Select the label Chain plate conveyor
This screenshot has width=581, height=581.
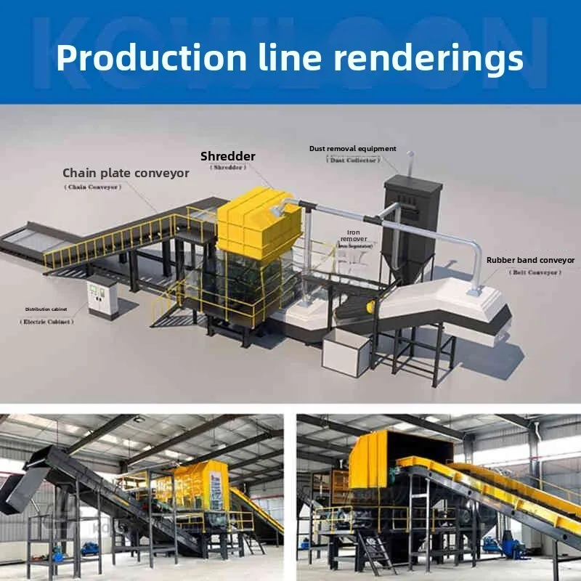126,173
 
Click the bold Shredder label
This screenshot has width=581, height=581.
228,156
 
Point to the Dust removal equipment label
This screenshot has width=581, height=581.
353,149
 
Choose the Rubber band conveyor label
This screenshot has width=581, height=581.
530,260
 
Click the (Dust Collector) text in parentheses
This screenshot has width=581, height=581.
354,161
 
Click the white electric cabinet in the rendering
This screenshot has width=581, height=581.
102,298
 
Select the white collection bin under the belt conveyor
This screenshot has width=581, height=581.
346,353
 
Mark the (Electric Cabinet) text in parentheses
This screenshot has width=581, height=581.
48,321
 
